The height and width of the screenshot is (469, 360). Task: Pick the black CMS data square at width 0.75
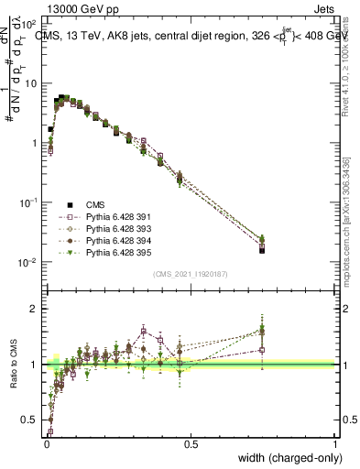[262, 249]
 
